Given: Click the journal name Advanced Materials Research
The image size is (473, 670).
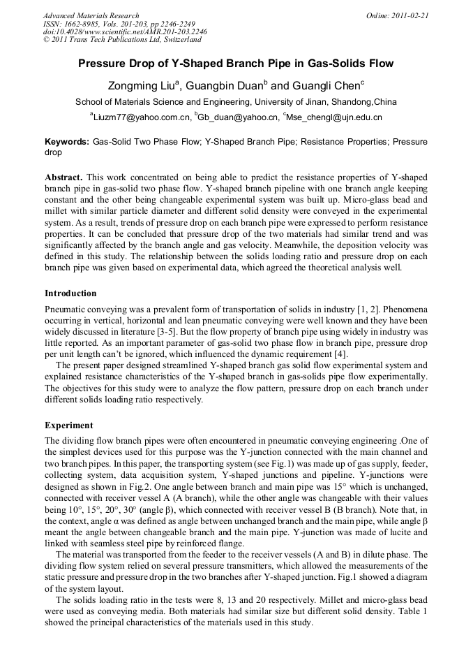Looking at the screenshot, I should tap(91, 15).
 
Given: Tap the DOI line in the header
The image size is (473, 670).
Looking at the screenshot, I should tap(125, 31).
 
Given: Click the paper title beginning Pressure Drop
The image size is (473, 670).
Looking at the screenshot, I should tap(236, 64).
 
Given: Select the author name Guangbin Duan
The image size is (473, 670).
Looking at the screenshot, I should tap(224, 87).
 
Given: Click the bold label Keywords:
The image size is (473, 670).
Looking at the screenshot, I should tap(67, 141).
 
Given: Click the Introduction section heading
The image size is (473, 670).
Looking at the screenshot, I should tap(70, 293).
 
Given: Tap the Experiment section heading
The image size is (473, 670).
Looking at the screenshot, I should tap(68, 425).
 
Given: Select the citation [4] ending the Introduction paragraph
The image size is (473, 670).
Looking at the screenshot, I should tap(339, 354).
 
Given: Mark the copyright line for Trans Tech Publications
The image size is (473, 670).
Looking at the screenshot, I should tap(123, 40).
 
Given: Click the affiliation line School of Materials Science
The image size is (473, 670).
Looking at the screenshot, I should tap(236, 102).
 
